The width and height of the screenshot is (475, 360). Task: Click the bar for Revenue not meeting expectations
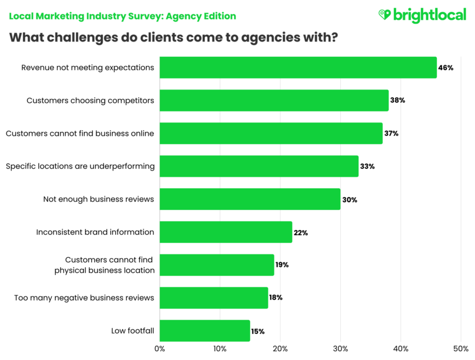point(298,67)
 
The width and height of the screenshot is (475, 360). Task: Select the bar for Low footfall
point(204,331)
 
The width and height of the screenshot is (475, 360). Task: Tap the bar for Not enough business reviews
point(250,199)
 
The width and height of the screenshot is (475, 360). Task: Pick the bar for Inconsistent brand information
point(225,232)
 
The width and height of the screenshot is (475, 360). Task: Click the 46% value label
point(446,68)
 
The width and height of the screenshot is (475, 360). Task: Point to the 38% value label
point(398,100)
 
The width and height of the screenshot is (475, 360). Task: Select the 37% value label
point(392,134)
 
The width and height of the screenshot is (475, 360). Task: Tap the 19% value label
point(282,265)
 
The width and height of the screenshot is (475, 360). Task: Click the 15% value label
point(257,331)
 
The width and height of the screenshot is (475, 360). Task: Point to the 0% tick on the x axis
point(160,349)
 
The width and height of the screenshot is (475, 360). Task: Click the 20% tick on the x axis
point(280,349)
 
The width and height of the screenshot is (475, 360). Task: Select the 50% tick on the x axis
point(461,349)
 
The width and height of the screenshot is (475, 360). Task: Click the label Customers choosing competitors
point(90,100)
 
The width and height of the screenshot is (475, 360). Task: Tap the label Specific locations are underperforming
point(80,166)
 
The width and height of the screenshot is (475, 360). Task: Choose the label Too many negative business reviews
point(84,298)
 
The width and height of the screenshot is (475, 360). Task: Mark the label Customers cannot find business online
point(80,133)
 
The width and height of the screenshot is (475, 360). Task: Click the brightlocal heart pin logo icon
point(384,15)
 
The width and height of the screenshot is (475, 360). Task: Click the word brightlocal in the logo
point(430,15)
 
